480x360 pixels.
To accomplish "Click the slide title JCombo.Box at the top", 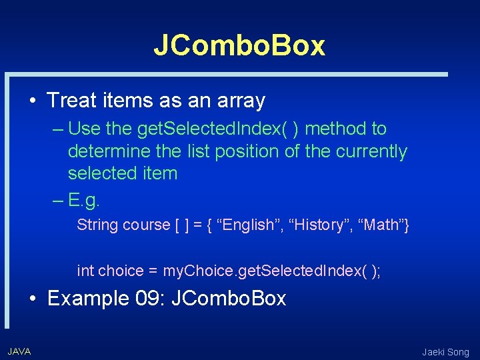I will point(239,45).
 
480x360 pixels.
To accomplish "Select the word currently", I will point(371,151).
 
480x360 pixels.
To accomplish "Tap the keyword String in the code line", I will point(96,225).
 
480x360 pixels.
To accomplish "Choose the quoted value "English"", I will point(248,225).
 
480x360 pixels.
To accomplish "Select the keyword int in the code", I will point(85,271).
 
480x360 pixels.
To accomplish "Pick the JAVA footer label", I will point(19,351).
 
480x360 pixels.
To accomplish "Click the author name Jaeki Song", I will point(445,352).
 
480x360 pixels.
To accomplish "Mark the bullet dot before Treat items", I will point(33,101).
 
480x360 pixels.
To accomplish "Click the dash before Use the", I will point(57,128).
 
